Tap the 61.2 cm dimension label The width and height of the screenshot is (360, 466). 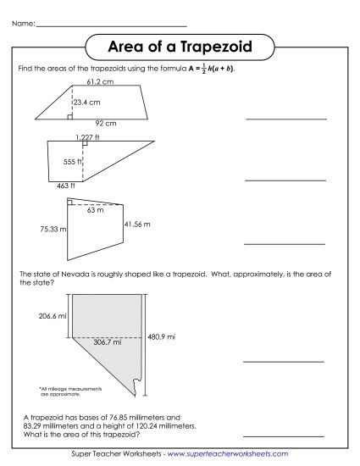[100, 83]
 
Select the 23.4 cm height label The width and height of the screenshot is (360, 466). [86, 103]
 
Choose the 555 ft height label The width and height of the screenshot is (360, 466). [72, 160]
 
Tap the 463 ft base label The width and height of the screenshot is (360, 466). [67, 185]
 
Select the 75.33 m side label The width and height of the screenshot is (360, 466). [52, 229]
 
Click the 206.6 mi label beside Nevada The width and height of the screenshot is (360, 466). [53, 315]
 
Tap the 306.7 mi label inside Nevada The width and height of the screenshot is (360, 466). [106, 343]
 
